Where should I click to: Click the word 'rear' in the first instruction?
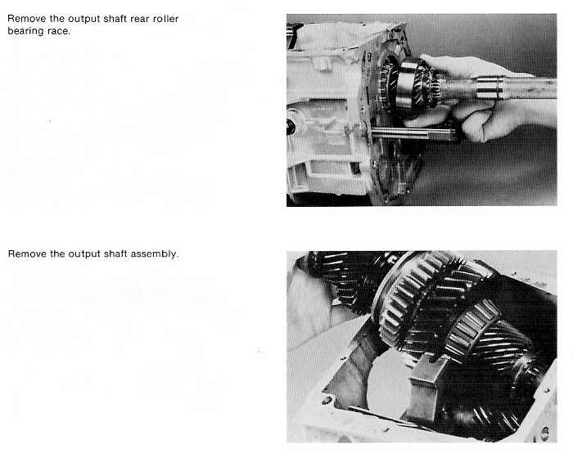(x=140, y=19)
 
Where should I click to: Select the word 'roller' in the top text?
(x=166, y=19)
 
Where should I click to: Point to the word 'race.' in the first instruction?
(x=59, y=32)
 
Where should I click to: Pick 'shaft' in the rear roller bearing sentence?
(x=115, y=19)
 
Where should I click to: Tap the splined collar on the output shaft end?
(x=489, y=88)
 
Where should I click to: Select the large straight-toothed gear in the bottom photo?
(x=413, y=299)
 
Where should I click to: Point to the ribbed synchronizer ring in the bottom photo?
(x=471, y=329)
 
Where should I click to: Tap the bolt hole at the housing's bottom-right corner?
(x=544, y=433)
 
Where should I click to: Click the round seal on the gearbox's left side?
(x=291, y=127)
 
